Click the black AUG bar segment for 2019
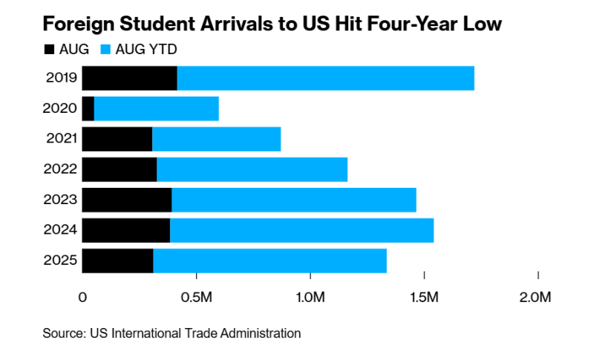coord(129,78)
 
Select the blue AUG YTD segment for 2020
coord(156,108)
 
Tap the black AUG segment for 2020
coord(88,108)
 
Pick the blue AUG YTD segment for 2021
coord(216,139)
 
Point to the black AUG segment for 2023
coord(126,200)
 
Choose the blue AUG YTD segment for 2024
coord(301,230)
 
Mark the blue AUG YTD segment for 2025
coord(270,261)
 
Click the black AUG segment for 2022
coord(119,169)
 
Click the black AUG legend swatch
coord(50,50)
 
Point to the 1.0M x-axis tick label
coord(310,298)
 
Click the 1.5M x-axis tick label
coord(424,298)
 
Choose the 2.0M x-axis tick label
coord(535,298)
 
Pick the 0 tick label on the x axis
coord(82,298)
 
